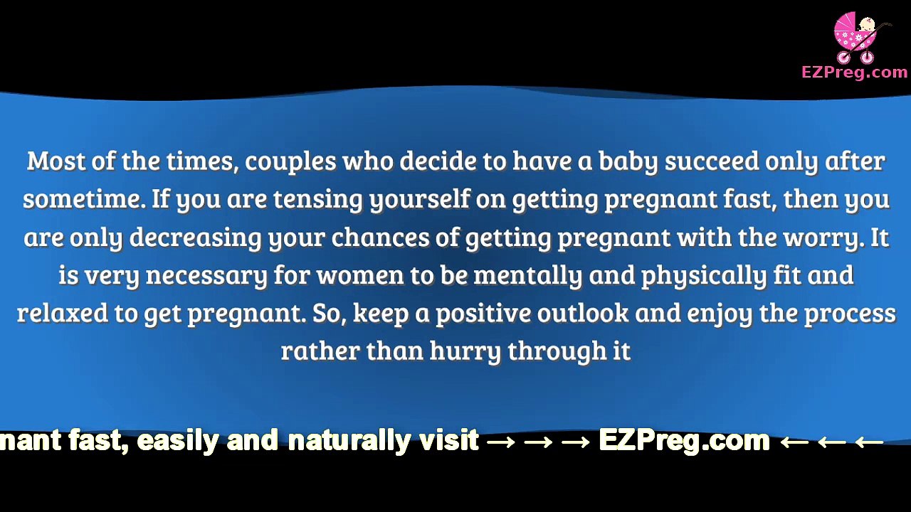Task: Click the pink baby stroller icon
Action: tap(858, 37)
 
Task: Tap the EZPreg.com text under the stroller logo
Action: tap(854, 72)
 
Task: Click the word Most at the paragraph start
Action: tap(57, 161)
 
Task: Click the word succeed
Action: tap(712, 161)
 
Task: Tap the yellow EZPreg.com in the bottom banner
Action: tap(684, 441)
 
